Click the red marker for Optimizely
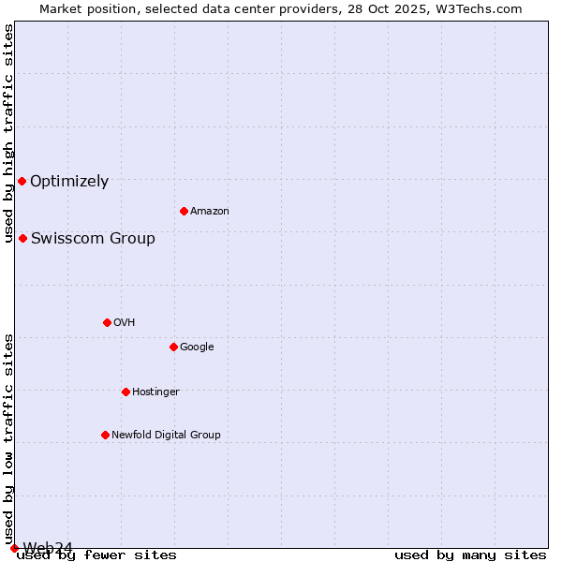(x=22, y=181)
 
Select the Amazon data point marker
(x=184, y=211)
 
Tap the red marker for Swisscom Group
(x=22, y=238)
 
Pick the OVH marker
(x=107, y=322)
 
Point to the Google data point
(x=173, y=347)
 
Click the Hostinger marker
(x=126, y=392)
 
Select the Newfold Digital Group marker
(x=105, y=435)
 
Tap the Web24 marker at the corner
(x=14, y=548)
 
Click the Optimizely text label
(x=69, y=182)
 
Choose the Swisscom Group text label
(x=93, y=239)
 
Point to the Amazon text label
(x=210, y=212)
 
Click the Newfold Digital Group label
(x=166, y=435)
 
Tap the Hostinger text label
(x=155, y=392)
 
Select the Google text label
(x=197, y=348)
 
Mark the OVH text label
(x=125, y=323)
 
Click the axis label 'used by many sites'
(x=470, y=555)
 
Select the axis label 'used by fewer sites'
(x=96, y=555)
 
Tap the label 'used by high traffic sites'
(x=8, y=133)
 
